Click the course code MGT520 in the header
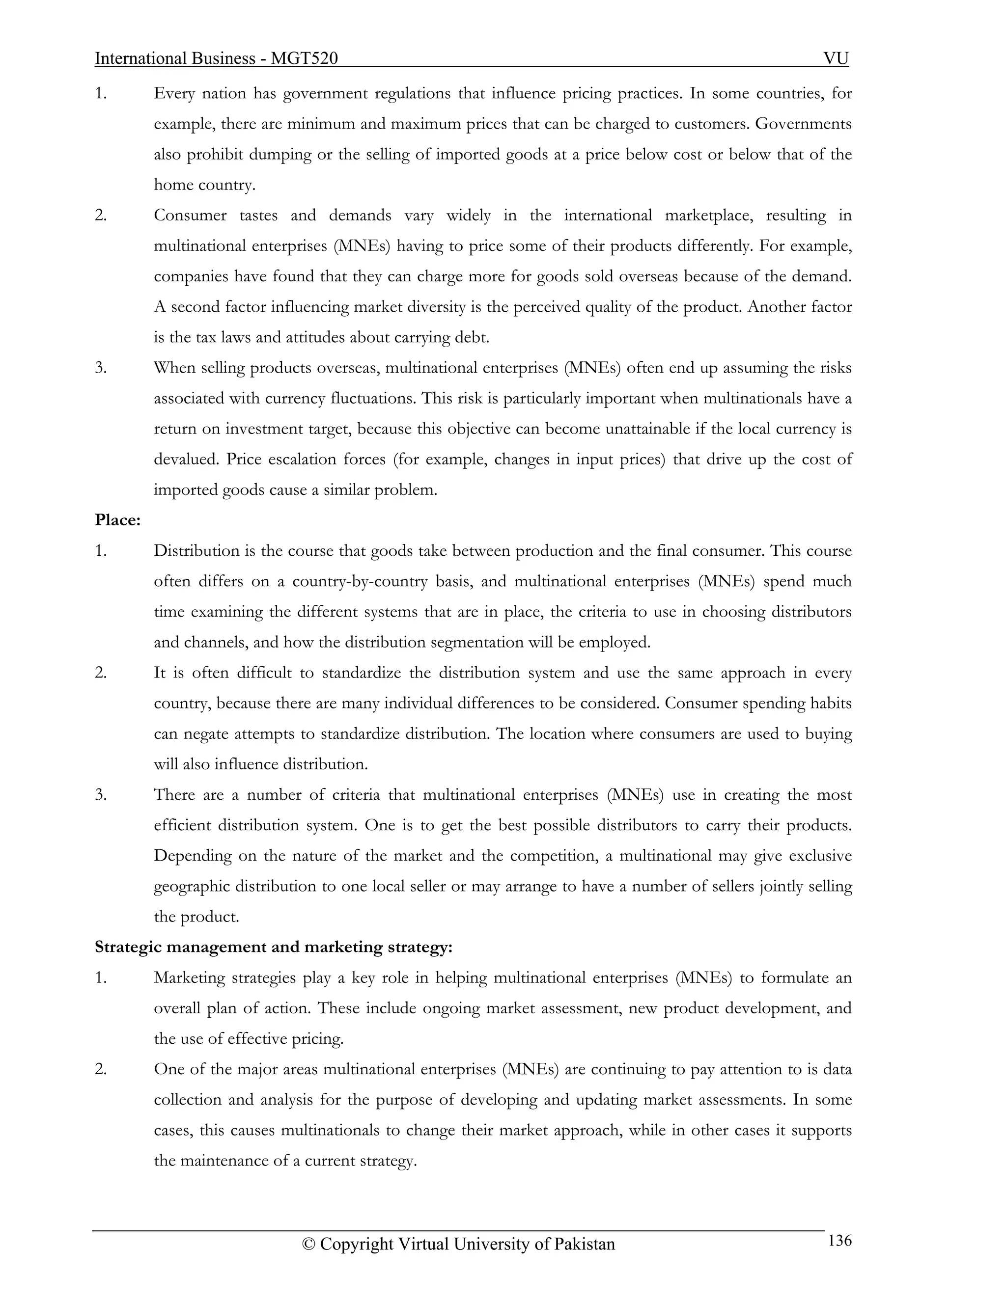(x=304, y=58)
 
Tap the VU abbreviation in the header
(x=836, y=58)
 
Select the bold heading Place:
(x=117, y=520)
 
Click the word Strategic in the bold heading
(x=128, y=947)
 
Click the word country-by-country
(x=360, y=581)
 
